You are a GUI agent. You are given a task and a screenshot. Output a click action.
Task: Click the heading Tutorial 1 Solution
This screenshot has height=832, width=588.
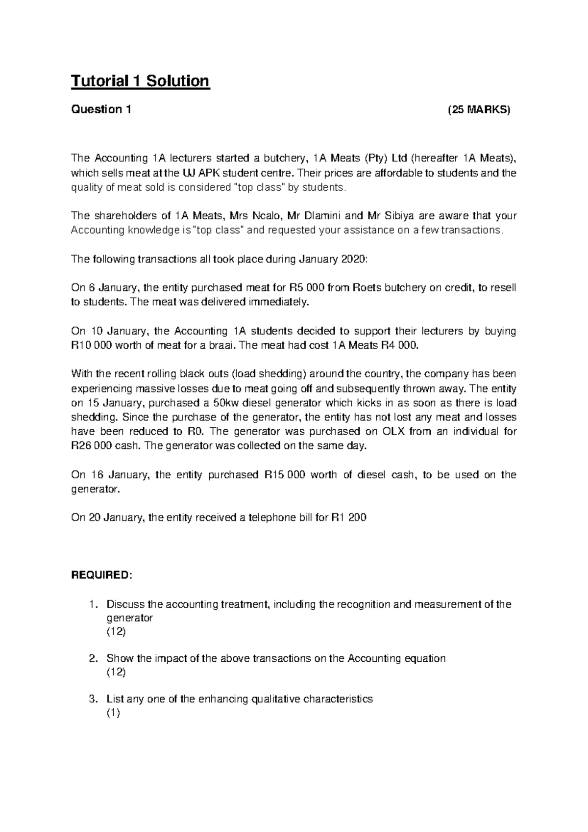(140, 80)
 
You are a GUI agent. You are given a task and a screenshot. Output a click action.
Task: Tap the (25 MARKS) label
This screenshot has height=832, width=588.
(479, 109)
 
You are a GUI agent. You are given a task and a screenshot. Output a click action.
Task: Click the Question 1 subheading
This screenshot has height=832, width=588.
(101, 109)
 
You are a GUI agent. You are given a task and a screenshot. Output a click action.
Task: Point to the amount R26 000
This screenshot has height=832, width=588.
(93, 446)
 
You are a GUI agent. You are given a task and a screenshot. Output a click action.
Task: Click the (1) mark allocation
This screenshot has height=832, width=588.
(113, 713)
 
